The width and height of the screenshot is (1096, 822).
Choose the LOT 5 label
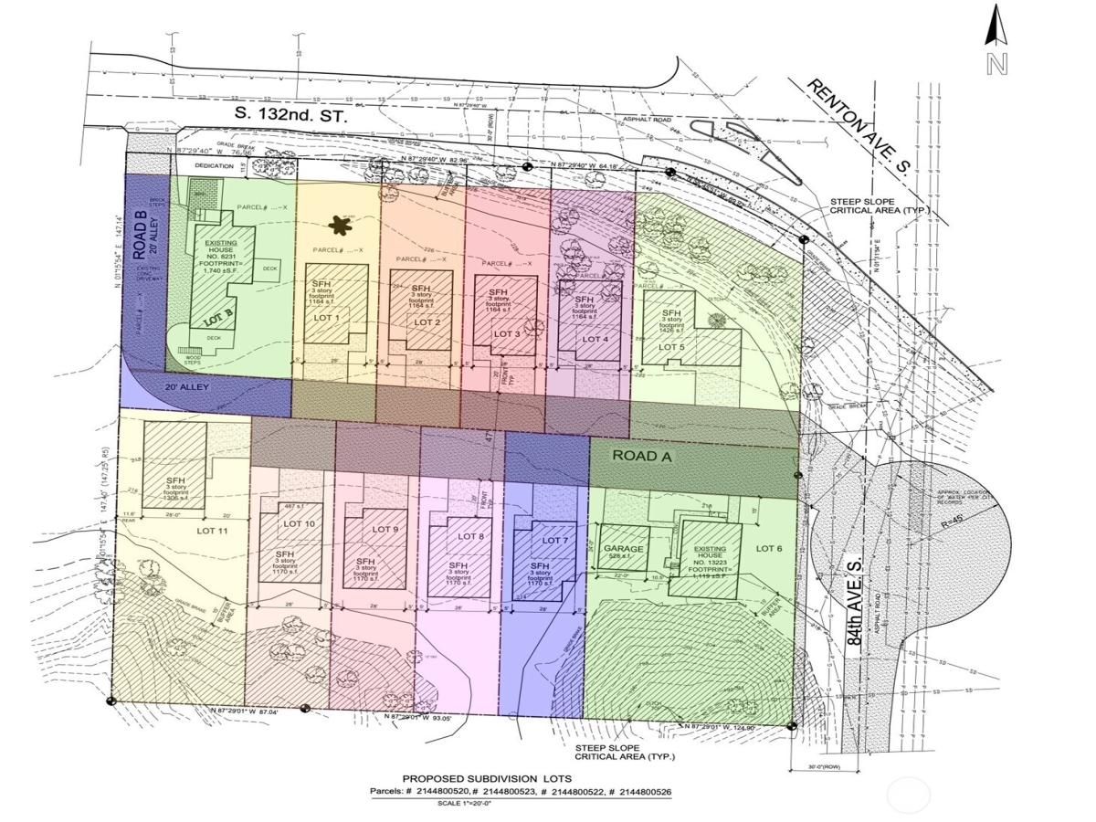coord(671,347)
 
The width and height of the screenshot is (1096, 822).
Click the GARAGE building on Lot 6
coord(624,548)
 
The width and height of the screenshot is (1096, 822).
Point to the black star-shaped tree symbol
coord(341,225)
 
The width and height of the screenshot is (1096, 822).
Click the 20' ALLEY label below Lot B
coord(187,387)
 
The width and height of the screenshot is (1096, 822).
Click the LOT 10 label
coord(299,523)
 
